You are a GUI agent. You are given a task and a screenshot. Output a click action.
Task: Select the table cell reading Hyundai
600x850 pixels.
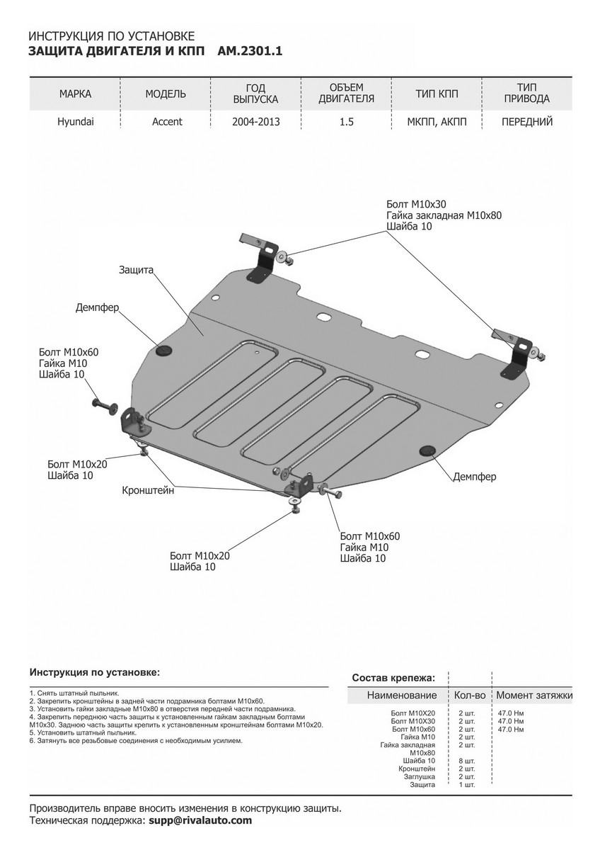coord(75,121)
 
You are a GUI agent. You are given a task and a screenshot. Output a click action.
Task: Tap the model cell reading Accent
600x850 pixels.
coord(167,121)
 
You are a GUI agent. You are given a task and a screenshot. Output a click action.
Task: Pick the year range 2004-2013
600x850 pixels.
coord(255,121)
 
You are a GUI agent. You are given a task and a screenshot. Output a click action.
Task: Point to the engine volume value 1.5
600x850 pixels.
coord(346,121)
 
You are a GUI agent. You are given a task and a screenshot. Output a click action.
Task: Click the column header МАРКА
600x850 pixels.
coord(75,93)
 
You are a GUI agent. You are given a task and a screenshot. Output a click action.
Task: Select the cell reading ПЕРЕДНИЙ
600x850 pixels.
coord(526,121)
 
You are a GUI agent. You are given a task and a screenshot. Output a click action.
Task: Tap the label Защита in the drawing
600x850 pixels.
coord(137,270)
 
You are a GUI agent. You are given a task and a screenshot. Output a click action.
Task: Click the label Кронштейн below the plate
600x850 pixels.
coord(149,489)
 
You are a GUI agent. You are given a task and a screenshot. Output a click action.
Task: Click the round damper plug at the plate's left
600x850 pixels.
coord(163,350)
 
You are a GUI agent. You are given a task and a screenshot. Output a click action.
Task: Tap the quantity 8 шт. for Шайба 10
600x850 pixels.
coord(466,760)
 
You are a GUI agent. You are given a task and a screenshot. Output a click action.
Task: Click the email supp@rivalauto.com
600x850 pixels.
coord(200,820)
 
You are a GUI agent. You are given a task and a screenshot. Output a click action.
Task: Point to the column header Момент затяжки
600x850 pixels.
coord(534,696)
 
